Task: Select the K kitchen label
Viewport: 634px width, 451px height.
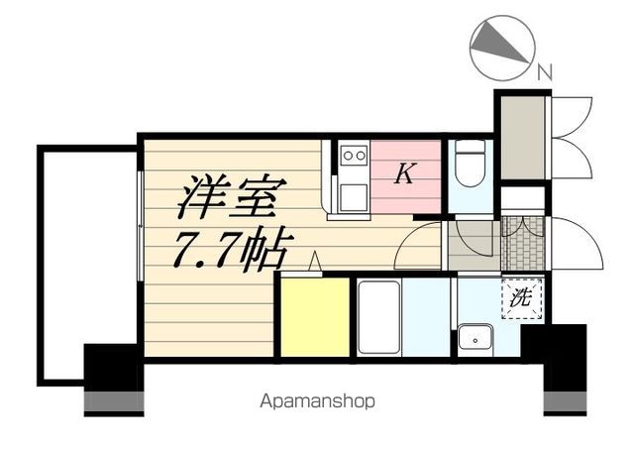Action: coord(404,175)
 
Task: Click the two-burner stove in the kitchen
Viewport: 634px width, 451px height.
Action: coord(353,157)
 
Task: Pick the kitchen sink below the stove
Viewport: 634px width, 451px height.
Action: coord(353,193)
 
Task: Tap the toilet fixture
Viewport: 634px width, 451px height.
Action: coord(471,163)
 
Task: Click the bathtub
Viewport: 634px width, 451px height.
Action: coord(378,316)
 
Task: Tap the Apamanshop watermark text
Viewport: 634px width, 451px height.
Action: coord(317,401)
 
